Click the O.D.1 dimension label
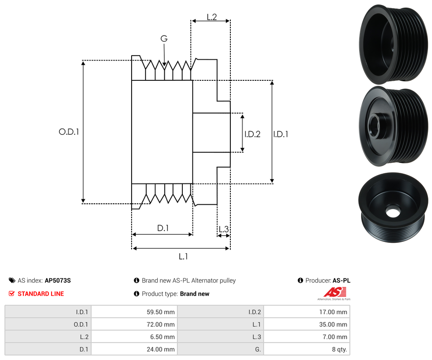click(69, 132)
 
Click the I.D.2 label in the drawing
click(252, 134)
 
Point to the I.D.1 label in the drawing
click(281, 134)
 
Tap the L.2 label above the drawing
click(212, 17)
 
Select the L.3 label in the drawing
click(223, 229)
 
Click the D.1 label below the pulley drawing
click(163, 228)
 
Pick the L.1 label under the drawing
click(183, 257)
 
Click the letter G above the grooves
click(164, 39)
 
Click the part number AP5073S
click(58, 281)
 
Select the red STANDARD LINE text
click(41, 294)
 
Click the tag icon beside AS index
click(12, 281)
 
